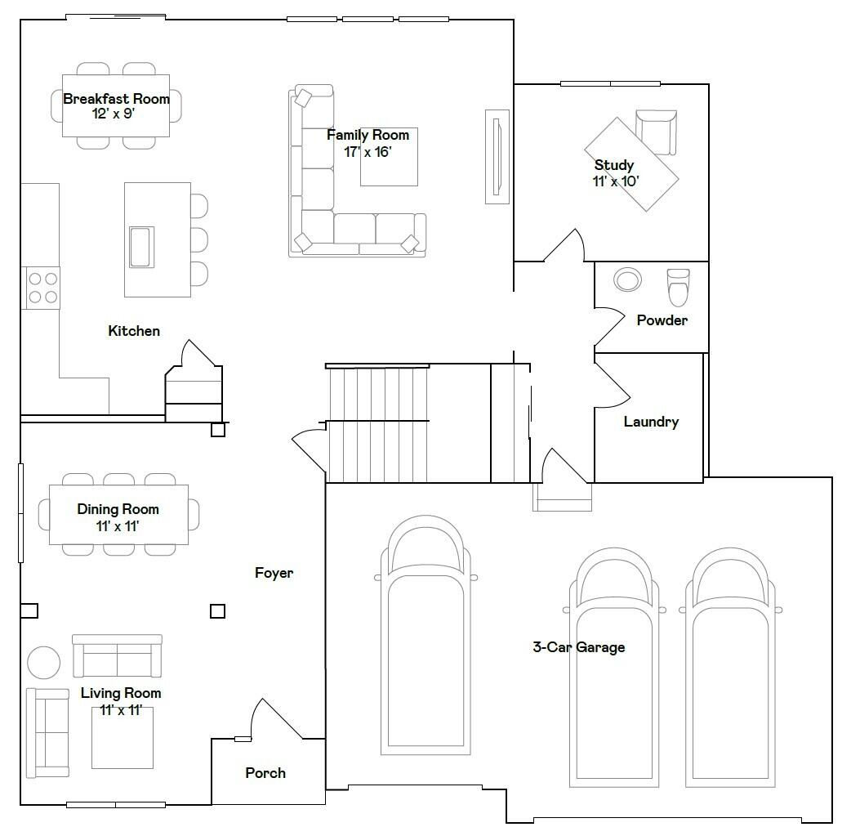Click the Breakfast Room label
coord(116,99)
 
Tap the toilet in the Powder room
coord(678,288)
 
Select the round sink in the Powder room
coord(627,279)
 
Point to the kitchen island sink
coord(141,247)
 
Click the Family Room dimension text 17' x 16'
coord(368,152)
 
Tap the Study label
coord(614,164)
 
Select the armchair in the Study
coord(656,132)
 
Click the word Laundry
coord(651,422)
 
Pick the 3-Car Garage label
coord(578,647)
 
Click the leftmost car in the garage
coord(425,635)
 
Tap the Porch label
coord(265,773)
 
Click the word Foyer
coord(274,573)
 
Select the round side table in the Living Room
coord(44,663)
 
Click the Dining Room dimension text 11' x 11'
coord(118,525)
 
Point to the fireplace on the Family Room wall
coord(497,157)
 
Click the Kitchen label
coord(133,331)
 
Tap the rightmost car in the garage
coord(730,668)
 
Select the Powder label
coord(662,320)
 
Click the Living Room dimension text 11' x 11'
coord(121,710)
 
